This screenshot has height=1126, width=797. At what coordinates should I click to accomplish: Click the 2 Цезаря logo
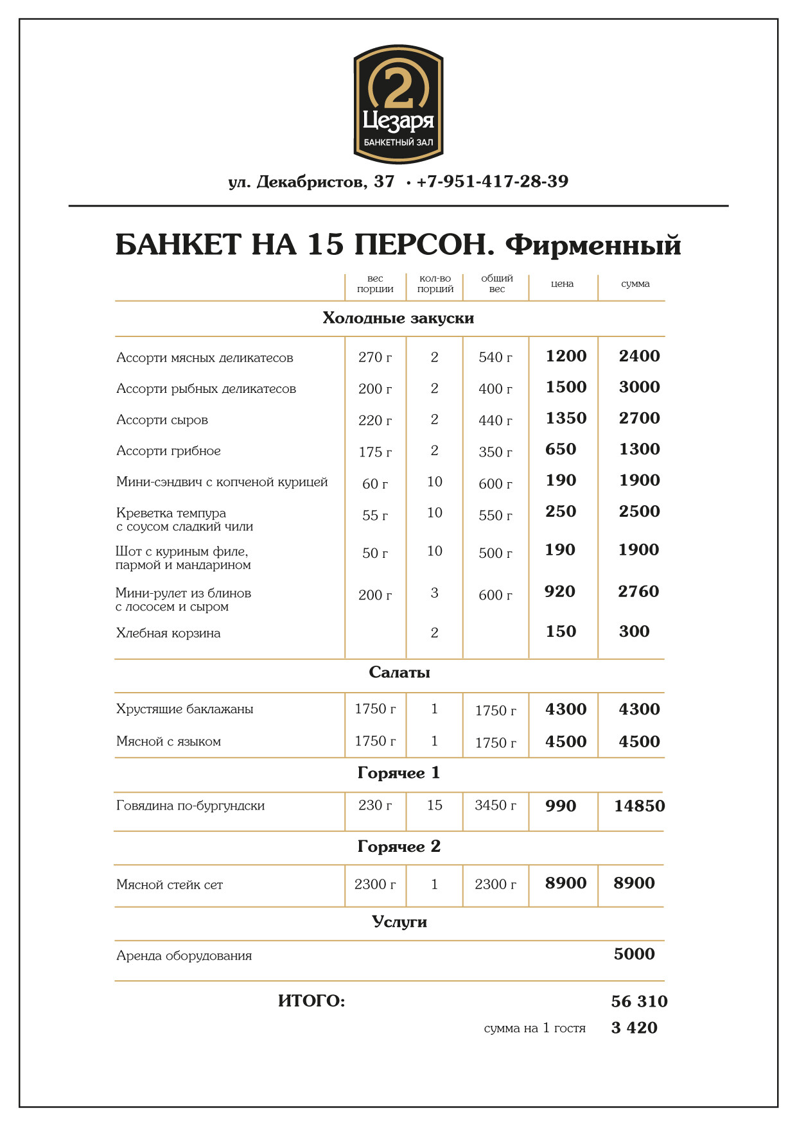tap(398, 104)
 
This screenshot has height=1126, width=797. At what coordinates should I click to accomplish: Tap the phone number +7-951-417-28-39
tap(492, 182)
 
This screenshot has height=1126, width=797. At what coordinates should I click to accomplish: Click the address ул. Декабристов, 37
tap(311, 182)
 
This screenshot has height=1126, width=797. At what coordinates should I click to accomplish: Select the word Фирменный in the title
tap(593, 245)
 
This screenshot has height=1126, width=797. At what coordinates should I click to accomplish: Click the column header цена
tap(562, 284)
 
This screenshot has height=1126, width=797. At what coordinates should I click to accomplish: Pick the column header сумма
tap(635, 284)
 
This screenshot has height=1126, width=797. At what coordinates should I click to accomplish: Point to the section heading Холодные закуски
tap(398, 318)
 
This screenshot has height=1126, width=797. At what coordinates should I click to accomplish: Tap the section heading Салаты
tap(399, 673)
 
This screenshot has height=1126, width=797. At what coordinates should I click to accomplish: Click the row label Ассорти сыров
tap(162, 420)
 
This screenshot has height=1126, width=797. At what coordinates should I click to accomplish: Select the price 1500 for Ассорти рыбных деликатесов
tap(566, 387)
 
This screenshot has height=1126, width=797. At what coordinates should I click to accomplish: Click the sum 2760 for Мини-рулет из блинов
tap(638, 592)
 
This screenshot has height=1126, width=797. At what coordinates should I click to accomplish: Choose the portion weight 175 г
tap(375, 452)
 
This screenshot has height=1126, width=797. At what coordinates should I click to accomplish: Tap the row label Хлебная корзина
tap(168, 633)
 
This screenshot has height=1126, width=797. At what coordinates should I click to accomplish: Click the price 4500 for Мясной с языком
tap(566, 741)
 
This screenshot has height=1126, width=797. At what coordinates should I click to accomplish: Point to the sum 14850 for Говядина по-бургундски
tap(639, 806)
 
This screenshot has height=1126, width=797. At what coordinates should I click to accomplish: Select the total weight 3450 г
tap(495, 806)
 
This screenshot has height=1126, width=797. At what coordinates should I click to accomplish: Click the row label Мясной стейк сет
tap(170, 885)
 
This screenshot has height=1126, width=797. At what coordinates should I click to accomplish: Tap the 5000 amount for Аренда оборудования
tap(634, 954)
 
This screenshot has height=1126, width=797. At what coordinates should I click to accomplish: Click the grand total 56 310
tap(639, 1001)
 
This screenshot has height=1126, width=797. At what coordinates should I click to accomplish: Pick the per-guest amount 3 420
tap(634, 1028)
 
